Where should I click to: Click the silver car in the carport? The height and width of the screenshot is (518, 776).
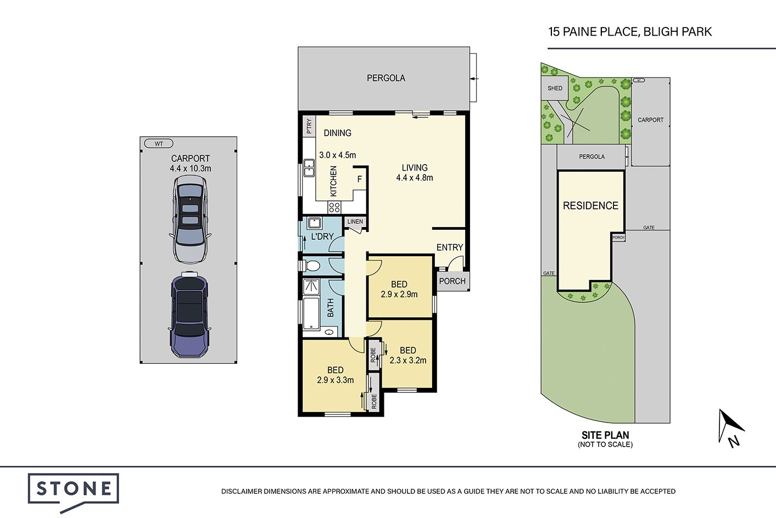(x=190, y=219)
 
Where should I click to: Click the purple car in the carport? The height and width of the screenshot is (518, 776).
(x=189, y=315)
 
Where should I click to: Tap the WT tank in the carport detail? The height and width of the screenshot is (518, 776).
(x=159, y=144)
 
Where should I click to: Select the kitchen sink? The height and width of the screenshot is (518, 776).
(x=309, y=168)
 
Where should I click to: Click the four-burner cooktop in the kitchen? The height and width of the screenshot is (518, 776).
(x=334, y=207)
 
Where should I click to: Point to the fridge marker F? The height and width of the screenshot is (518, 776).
(x=360, y=179)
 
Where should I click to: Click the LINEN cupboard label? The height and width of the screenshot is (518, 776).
(x=355, y=222)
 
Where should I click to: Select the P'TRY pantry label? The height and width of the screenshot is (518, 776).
(x=309, y=126)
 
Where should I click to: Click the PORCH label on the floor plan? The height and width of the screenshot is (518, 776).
(x=452, y=281)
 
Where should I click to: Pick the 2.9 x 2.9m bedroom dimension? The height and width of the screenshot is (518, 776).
(x=399, y=295)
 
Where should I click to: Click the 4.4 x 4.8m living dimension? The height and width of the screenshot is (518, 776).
(x=415, y=178)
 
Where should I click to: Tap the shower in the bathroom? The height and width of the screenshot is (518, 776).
(x=311, y=286)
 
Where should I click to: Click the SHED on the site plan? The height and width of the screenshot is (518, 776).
(x=555, y=88)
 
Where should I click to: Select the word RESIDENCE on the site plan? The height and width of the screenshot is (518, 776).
(x=591, y=206)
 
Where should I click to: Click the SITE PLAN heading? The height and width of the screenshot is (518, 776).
(x=605, y=435)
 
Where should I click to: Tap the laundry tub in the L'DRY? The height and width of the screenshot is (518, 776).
(x=314, y=223)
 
